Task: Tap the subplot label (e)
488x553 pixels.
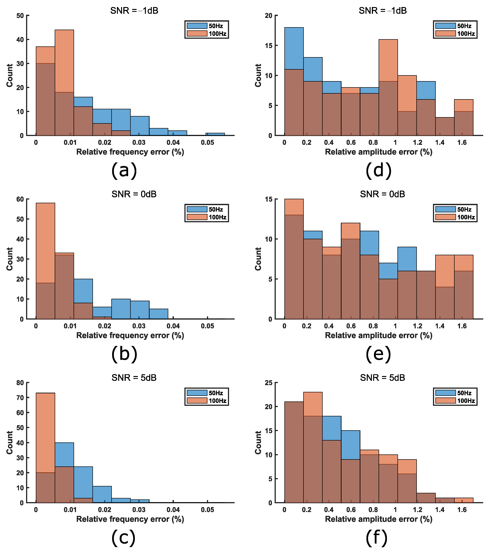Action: (378, 354)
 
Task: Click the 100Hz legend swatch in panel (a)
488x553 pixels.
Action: (197, 34)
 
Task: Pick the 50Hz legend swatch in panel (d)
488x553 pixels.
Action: (445, 26)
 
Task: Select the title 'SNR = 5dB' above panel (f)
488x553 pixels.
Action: (382, 377)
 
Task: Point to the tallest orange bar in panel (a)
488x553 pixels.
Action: (64, 83)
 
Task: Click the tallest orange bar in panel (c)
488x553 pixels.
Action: (45, 448)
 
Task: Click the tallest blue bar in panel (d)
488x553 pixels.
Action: (294, 81)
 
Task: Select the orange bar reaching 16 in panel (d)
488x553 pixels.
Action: (388, 87)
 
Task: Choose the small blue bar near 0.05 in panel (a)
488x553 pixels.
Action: (215, 134)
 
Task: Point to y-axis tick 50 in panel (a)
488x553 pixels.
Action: (20, 16)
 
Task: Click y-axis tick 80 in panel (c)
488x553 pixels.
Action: (20, 383)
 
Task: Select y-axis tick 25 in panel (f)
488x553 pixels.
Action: (269, 383)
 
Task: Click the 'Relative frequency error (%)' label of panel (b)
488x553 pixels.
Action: (130, 336)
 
